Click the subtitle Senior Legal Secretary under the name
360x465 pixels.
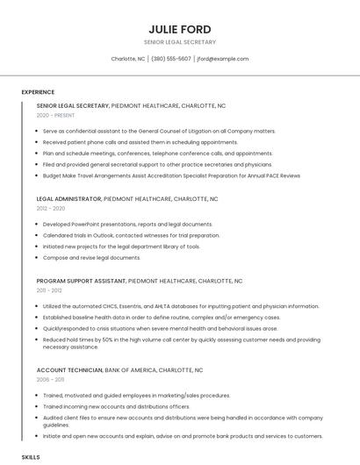click(x=179, y=42)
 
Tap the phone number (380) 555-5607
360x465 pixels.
click(x=170, y=59)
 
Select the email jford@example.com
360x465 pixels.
click(x=222, y=59)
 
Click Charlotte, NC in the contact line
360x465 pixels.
click(x=128, y=59)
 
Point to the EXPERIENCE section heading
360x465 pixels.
click(x=38, y=92)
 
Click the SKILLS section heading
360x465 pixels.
click(x=31, y=457)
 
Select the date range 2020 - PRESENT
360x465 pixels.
click(x=55, y=115)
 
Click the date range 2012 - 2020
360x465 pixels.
click(x=50, y=209)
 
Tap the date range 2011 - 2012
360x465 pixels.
click(x=49, y=290)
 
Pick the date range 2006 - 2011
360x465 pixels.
click(x=50, y=380)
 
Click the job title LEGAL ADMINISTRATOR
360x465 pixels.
click(x=68, y=199)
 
